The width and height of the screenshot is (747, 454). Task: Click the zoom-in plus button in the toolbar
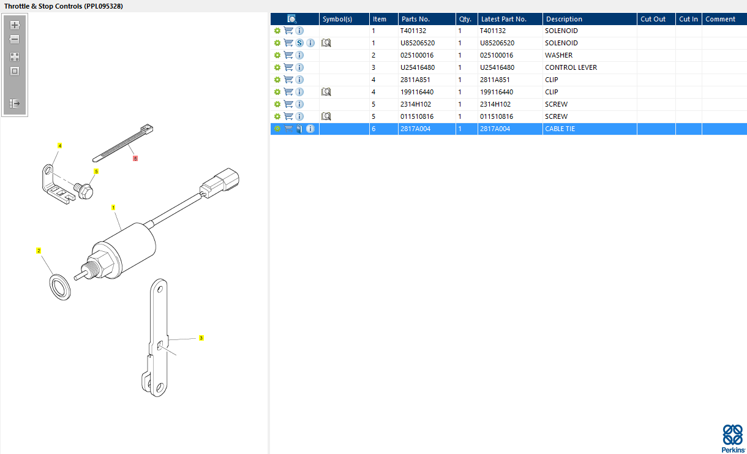coord(14,25)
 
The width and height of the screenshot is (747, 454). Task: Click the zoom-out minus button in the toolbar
coord(14,39)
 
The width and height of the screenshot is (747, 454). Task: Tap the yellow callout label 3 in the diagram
coord(201,338)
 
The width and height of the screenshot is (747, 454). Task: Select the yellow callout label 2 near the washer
coord(39,251)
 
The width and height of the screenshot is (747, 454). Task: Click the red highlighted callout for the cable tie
coord(135,159)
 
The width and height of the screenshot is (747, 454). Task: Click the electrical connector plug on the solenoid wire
coord(220,183)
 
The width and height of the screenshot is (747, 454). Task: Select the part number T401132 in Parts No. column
coord(413,31)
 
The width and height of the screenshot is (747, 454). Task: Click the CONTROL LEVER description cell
coord(571,67)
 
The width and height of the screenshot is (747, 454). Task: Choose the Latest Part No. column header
coord(503,19)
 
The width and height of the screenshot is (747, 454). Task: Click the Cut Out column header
coord(653,19)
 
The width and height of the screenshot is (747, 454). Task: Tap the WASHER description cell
coord(558,55)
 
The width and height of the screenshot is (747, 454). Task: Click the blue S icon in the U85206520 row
coord(299,43)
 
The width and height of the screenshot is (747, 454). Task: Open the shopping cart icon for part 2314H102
coord(288,104)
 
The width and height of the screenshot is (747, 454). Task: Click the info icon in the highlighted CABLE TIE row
coord(310,129)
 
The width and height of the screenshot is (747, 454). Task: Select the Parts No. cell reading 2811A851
coord(415,80)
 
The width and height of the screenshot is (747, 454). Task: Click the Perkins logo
coord(733,438)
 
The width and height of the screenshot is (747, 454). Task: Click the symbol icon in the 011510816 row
coord(326,116)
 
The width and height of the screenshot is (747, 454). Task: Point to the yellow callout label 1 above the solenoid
coord(113,208)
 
